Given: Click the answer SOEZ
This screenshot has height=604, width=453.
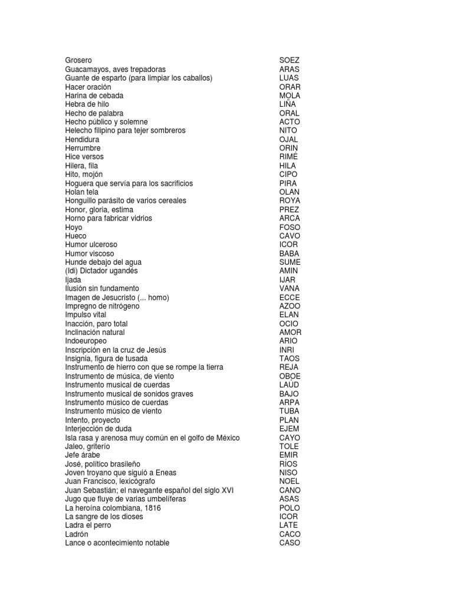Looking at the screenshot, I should point(289,60).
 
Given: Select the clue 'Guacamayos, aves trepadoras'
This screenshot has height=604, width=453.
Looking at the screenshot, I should point(116,69).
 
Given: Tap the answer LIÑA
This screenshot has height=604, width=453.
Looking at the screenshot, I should point(288,104).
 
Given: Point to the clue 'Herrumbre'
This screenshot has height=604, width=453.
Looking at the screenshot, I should point(83,148).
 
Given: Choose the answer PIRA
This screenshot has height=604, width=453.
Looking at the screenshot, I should point(288,183).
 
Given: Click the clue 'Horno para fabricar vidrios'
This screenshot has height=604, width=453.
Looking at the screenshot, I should point(109,218).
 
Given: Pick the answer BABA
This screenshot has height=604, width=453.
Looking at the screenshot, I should point(289,254).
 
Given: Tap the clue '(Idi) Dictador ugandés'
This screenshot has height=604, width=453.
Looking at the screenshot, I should point(101,271).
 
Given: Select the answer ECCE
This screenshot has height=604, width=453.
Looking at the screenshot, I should point(289,297).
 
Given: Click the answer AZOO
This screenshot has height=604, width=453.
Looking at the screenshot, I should point(290,306).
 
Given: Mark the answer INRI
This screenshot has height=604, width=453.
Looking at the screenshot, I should point(287,350).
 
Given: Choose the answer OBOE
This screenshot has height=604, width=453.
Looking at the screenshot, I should point(290,376).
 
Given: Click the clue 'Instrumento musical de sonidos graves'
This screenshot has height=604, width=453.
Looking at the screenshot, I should point(129,393).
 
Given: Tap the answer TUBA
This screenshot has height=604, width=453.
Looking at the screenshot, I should point(289,411).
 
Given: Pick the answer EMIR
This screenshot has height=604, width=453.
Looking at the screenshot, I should point(288,455).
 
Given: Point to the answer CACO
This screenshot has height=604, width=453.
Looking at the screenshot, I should point(289,534).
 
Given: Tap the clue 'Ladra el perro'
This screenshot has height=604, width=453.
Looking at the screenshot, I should point(88,525).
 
